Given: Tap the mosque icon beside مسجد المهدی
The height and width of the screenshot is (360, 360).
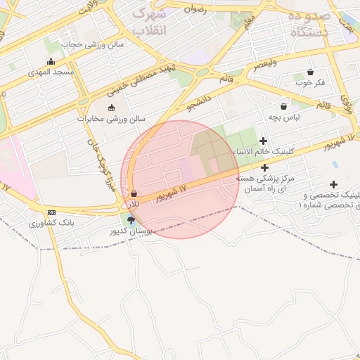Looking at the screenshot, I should tap(49, 61).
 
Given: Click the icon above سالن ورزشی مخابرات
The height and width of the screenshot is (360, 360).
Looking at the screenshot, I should tap(110, 108).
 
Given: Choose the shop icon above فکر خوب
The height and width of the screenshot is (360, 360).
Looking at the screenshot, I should tap(310, 72).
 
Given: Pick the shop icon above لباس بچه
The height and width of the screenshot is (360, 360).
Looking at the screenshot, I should tap(283, 106).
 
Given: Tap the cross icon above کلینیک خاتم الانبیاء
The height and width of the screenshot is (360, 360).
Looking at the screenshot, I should tap(264, 141).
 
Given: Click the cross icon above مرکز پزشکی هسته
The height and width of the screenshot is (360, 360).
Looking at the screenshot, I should tap(264, 167).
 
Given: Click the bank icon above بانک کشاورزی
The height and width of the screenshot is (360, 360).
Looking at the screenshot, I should tap(51, 212).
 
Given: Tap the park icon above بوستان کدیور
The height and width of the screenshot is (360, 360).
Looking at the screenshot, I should tap(131, 220).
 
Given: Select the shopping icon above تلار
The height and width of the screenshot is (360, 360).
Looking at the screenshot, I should tap(134, 193).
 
